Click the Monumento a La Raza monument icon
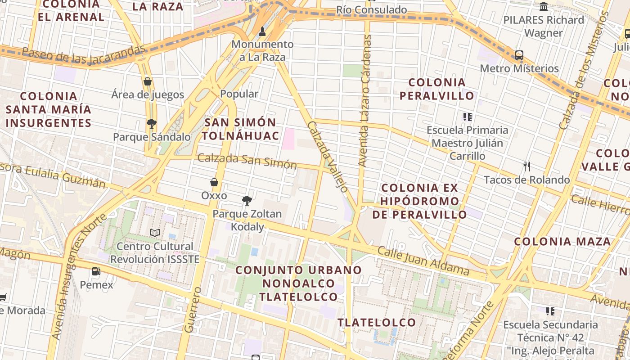pos(263,31)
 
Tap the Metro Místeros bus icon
pos(519,55)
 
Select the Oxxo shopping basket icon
pos(214,182)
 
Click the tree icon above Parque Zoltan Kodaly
pos(247,200)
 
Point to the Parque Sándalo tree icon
pos(152,123)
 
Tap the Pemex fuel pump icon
pos(96,271)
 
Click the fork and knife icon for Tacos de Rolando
pos(527,166)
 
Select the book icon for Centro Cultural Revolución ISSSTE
pos(155,233)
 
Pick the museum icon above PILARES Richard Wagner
pos(544,7)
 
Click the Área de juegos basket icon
pos(148,81)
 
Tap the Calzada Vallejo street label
pos(328,156)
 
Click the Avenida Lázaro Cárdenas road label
pos(366,101)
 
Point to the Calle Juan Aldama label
pos(423,261)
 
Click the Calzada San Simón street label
pos(247,161)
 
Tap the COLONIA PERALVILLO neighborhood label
pos(437,89)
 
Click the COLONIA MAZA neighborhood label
pos(562,241)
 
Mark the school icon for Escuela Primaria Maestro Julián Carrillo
pos(468,117)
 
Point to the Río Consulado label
pos(372,10)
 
